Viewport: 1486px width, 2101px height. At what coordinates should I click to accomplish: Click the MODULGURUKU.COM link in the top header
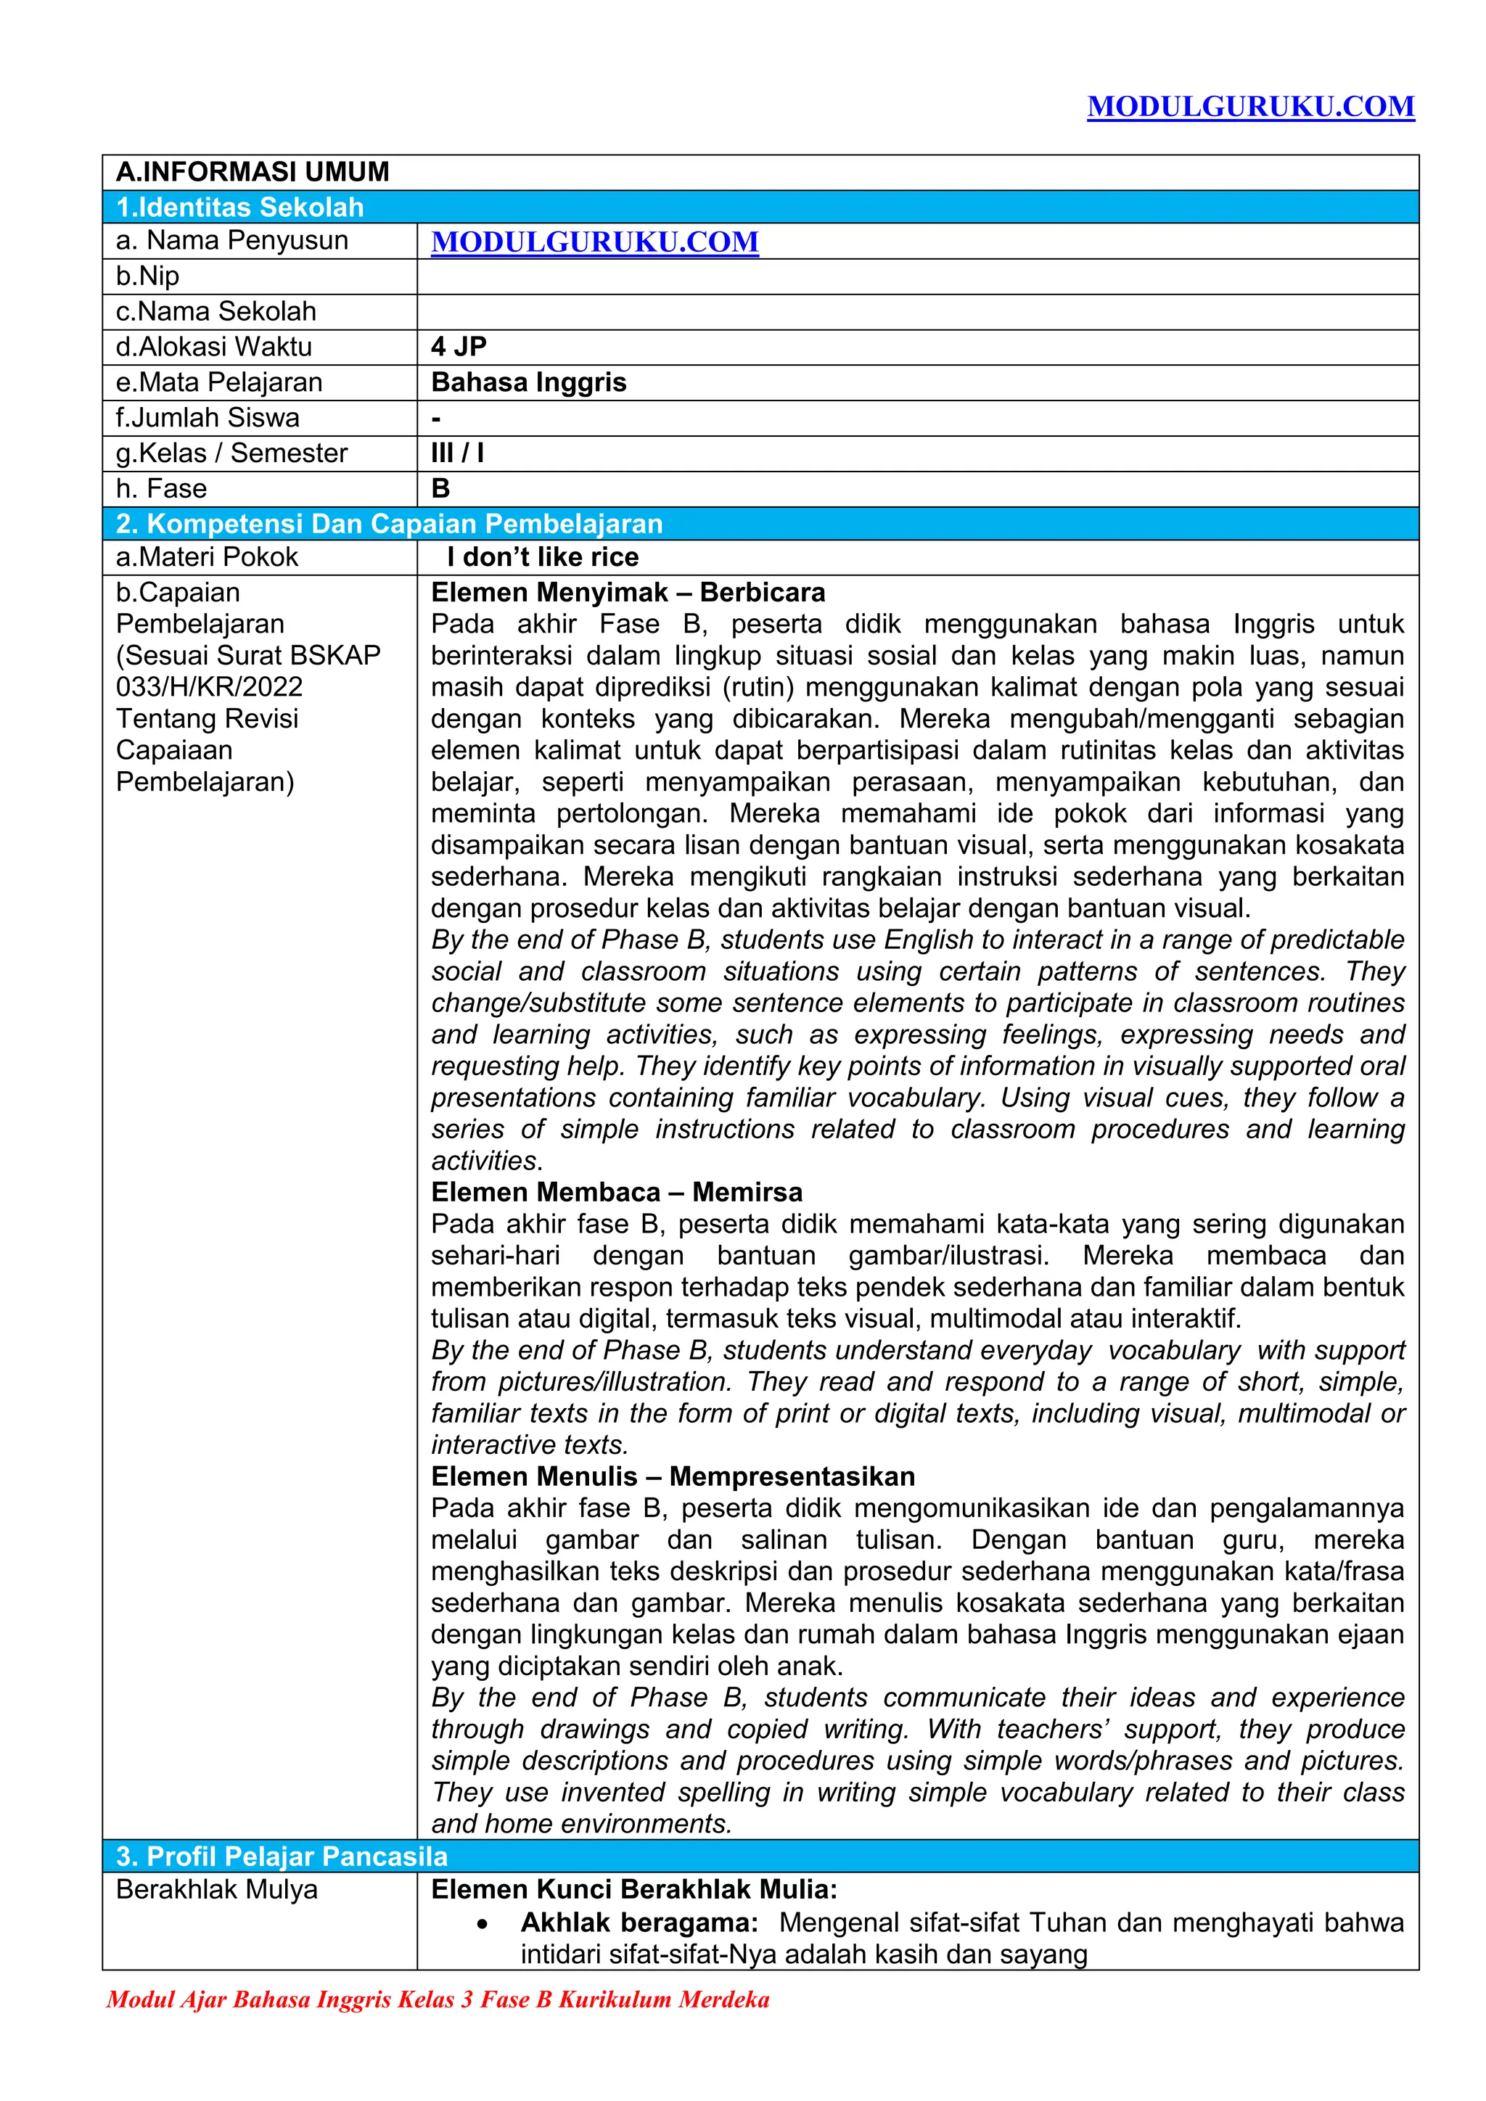pos(1250,107)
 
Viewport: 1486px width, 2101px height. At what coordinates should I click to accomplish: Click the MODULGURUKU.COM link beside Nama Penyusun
pos(595,242)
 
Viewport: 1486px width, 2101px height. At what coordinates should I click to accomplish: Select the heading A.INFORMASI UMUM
pos(253,172)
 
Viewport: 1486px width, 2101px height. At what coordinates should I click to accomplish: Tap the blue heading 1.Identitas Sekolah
pos(239,207)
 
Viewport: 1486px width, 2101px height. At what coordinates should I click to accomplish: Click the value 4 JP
pos(459,347)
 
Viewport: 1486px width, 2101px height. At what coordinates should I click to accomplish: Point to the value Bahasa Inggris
pos(528,382)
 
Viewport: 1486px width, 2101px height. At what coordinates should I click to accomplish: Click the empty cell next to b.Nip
pos(917,276)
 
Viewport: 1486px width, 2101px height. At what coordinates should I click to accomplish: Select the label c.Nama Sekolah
pos(216,311)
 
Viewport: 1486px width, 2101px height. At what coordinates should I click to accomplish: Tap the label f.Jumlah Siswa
pos(208,418)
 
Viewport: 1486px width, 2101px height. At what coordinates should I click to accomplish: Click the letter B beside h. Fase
pos(441,489)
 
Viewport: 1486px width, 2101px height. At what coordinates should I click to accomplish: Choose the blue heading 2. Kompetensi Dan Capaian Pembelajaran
pos(389,525)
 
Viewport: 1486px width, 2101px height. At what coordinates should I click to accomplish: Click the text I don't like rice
pos(543,557)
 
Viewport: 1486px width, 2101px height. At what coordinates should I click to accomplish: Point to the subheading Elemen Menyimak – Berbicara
pos(628,593)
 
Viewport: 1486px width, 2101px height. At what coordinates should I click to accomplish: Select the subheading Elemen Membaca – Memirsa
pos(617,1193)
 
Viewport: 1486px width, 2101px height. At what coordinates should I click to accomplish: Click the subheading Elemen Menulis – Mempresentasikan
pos(673,1476)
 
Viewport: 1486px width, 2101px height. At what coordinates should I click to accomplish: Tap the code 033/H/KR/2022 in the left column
pos(209,687)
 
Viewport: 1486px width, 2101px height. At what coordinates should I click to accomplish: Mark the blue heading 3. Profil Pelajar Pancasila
pos(282,1856)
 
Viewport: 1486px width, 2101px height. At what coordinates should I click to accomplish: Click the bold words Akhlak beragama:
pos(639,1923)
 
